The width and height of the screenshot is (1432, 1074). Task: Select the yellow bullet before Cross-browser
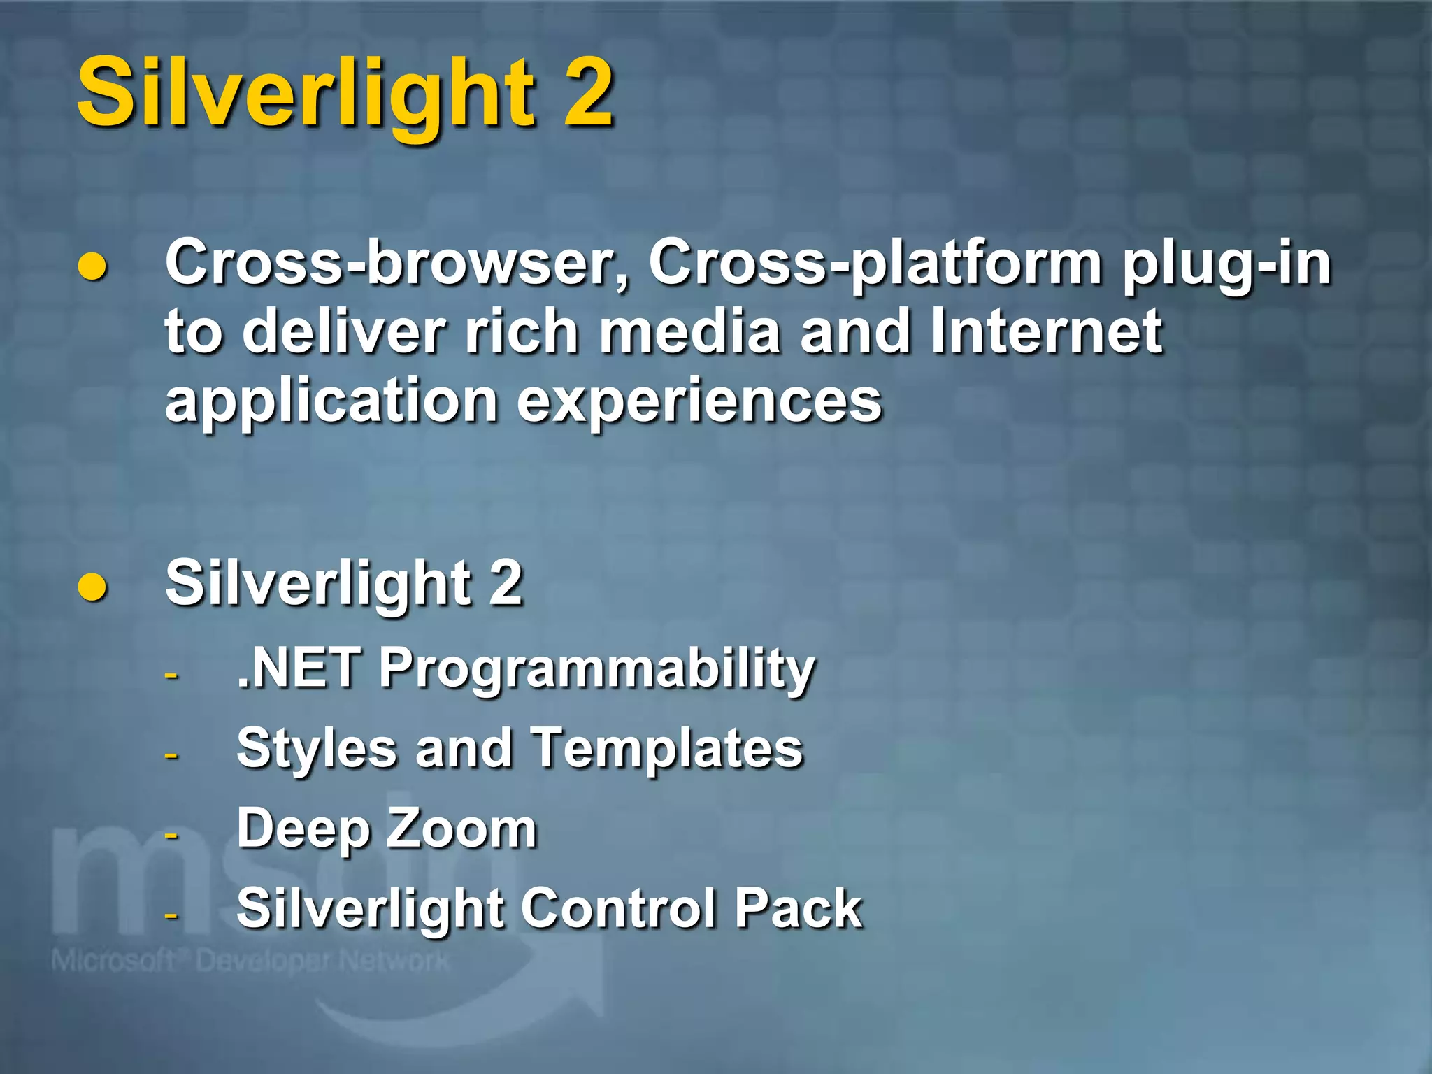(x=92, y=268)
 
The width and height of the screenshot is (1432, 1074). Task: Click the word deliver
(x=344, y=332)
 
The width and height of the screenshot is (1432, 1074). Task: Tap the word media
(x=689, y=332)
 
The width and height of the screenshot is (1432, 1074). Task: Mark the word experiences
(x=699, y=401)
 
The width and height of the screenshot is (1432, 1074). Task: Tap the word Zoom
(x=461, y=829)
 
